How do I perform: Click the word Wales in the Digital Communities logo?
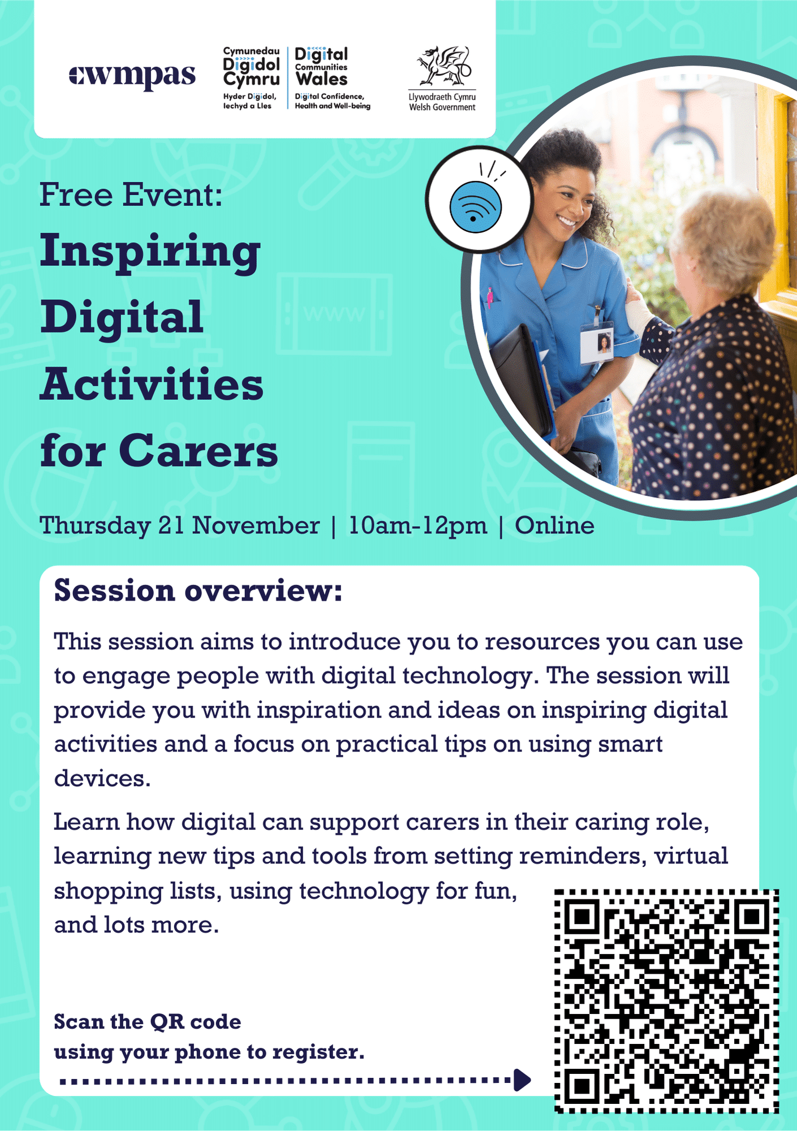pos(321,79)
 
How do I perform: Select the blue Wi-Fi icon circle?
pos(476,207)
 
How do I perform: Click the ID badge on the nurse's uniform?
pos(597,342)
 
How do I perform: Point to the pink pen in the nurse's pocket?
pos(489,297)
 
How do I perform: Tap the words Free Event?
pos(131,195)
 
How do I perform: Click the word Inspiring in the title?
pos(150,253)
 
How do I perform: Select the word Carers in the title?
pos(199,451)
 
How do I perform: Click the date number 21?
pos(171,525)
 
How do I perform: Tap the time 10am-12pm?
pos(417,526)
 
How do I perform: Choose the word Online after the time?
pos(554,525)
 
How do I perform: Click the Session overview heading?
pos(199,591)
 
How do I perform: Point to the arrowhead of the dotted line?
pos(522,1080)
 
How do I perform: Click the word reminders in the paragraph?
pos(583,856)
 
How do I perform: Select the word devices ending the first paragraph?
pos(102,778)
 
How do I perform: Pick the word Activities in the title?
pos(152,384)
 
